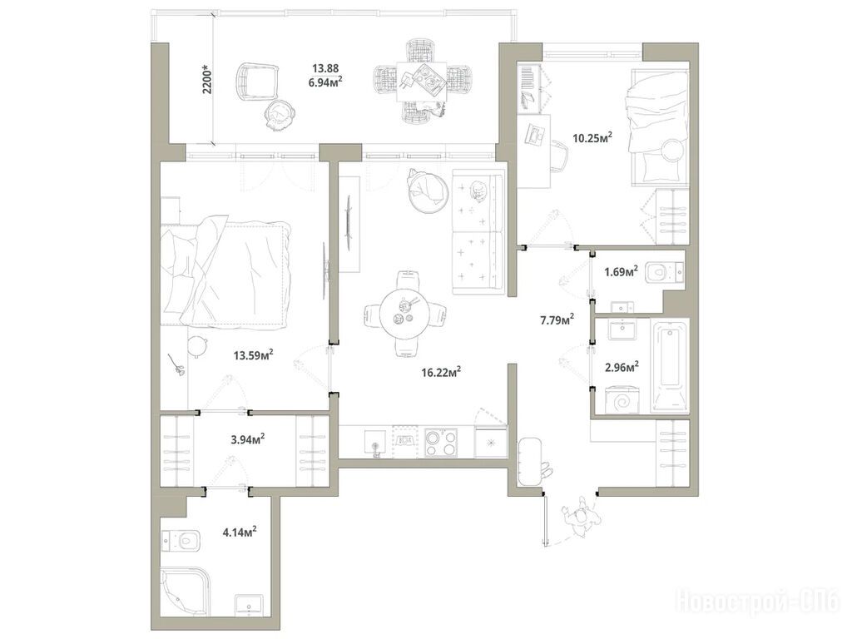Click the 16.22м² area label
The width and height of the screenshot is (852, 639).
[x=441, y=372]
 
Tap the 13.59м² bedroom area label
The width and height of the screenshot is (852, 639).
[x=253, y=355]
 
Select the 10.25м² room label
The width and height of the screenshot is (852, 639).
[x=592, y=137]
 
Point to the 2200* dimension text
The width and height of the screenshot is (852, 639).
[x=207, y=79]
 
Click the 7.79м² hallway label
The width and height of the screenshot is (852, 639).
[x=557, y=319]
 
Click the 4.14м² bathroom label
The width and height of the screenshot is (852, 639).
[x=239, y=532]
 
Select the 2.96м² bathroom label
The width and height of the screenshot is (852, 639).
[x=622, y=368]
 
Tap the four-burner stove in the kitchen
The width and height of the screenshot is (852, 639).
[x=441, y=443]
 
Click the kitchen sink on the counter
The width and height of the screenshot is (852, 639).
[x=374, y=442]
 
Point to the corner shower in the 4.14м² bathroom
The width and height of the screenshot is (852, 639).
[x=185, y=592]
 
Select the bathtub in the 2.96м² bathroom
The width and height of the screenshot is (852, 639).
[x=670, y=367]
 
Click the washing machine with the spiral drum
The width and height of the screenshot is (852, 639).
[x=621, y=401]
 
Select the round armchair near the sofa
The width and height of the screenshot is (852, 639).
[x=428, y=191]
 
